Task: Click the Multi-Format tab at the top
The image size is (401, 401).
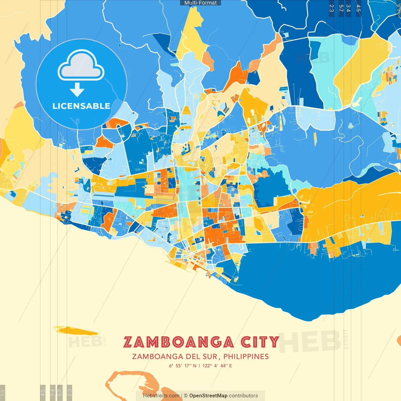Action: pyautogui.click(x=200, y=3)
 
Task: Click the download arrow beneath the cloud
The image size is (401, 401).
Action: pyautogui.click(x=77, y=90)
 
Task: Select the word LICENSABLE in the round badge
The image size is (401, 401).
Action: pyautogui.click(x=81, y=106)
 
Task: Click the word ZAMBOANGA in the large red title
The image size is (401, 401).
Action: pyautogui.click(x=179, y=342)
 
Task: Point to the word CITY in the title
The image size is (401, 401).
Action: pyautogui.click(x=260, y=342)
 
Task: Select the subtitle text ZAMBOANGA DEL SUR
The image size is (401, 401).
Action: pyautogui.click(x=174, y=357)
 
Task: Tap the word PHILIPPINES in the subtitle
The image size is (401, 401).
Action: pyautogui.click(x=246, y=357)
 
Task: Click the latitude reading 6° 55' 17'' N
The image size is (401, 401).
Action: pyautogui.click(x=183, y=366)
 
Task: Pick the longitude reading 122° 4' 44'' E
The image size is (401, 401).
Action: pyautogui.click(x=217, y=366)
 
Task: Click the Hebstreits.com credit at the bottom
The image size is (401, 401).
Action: pyautogui.click(x=161, y=396)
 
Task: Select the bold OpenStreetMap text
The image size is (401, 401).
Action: pyautogui.click(x=208, y=396)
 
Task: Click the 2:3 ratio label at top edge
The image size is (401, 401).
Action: pyautogui.click(x=331, y=8)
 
